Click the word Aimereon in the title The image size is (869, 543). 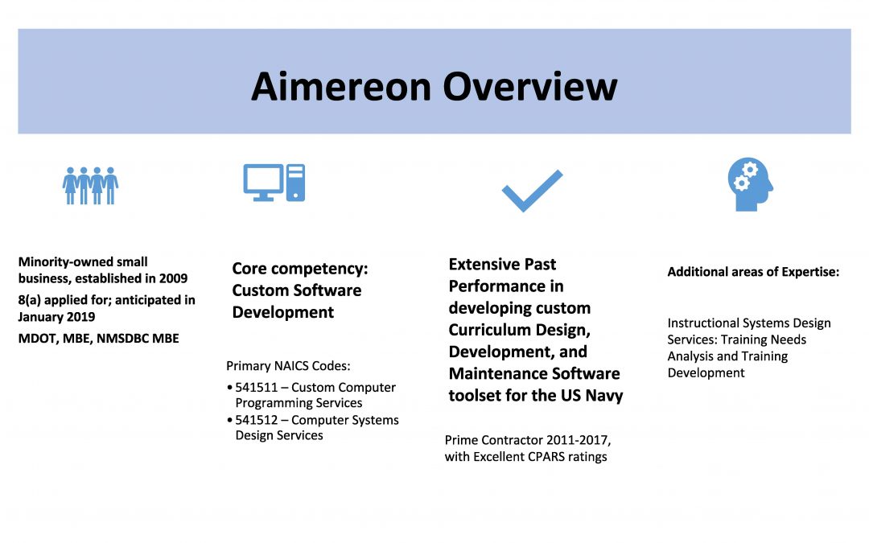tap(341, 86)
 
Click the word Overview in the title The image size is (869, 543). tap(529, 86)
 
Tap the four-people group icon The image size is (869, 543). tap(90, 186)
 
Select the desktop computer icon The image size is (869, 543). tap(274, 183)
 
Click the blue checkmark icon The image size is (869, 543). tap(532, 191)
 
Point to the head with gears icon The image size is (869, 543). tap(751, 184)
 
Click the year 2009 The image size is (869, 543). tap(174, 278)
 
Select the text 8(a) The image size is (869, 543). tap(30, 300)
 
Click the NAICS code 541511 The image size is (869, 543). tap(256, 387)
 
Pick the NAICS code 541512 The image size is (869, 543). tap(256, 420)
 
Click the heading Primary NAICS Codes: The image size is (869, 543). tap(288, 366)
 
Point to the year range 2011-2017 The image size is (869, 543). tap(578, 441)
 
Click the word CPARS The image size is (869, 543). tap(546, 457)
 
